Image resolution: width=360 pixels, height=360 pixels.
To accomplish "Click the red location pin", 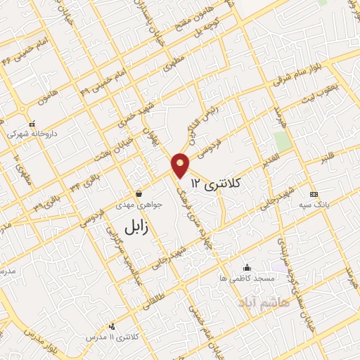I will [180, 165].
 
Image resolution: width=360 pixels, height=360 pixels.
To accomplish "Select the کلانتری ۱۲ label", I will [221, 184].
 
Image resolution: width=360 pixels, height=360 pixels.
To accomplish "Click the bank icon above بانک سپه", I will [314, 194].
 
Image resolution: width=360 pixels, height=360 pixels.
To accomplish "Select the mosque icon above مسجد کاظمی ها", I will [246, 268].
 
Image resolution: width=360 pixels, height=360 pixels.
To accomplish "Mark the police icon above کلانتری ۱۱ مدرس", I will [112, 326].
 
